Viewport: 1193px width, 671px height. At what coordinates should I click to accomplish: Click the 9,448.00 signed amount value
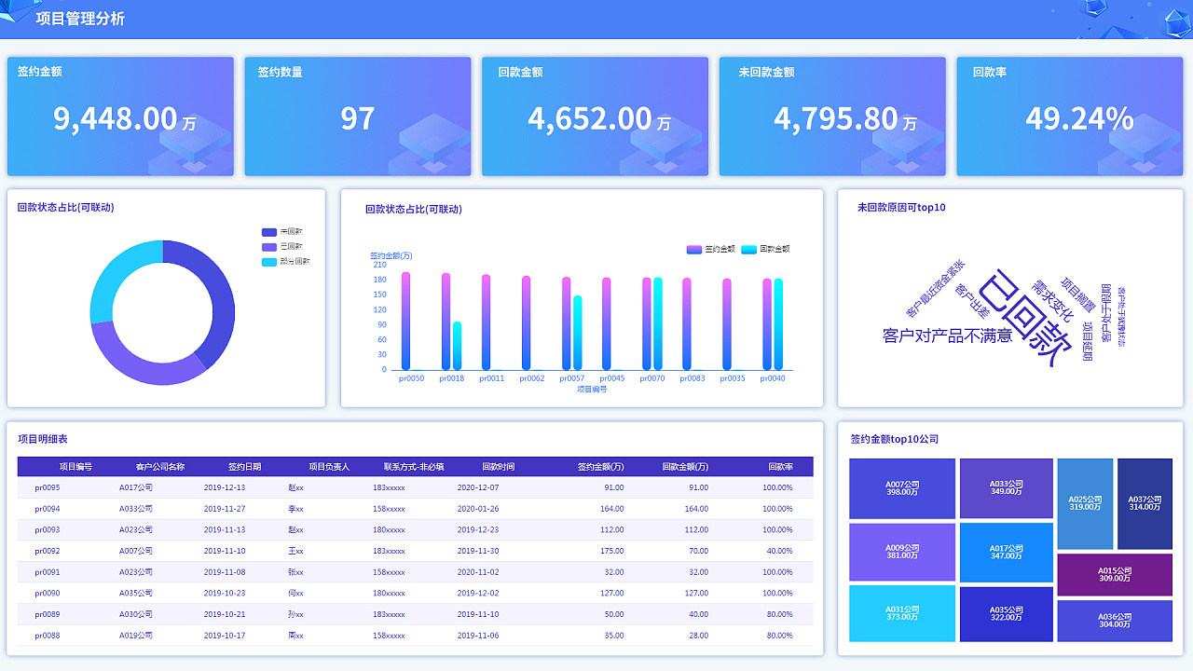point(115,118)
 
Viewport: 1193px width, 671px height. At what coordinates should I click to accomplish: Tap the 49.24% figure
point(1079,118)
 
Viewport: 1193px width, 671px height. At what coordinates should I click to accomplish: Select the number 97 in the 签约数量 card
point(357,118)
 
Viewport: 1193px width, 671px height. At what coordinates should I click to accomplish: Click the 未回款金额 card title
point(766,72)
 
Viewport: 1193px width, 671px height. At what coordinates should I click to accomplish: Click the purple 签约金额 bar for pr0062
point(526,322)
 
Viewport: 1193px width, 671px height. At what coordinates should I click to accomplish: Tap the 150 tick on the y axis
point(379,294)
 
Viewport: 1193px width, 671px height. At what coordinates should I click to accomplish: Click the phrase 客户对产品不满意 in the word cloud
point(947,335)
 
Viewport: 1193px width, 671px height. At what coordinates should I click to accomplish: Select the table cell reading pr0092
point(48,551)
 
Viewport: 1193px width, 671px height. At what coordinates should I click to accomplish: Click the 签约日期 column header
point(244,467)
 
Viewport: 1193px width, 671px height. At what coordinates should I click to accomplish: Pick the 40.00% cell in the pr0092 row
point(778,551)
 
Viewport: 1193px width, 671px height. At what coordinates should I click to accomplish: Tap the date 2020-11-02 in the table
point(478,572)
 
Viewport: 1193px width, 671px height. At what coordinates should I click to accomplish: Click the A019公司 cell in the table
point(136,636)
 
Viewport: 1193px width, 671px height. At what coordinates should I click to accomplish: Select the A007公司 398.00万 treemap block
point(902,488)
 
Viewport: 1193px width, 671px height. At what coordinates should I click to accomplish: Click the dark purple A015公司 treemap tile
point(1115,574)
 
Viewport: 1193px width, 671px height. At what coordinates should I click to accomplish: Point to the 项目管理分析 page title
point(80,19)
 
